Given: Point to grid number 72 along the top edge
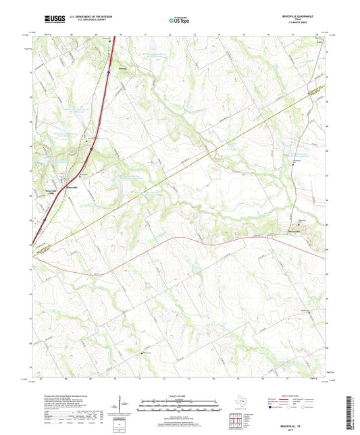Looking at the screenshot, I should (x=170, y=32).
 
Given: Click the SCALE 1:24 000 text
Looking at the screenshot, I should (x=180, y=395).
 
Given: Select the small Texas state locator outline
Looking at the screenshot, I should (x=238, y=403).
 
